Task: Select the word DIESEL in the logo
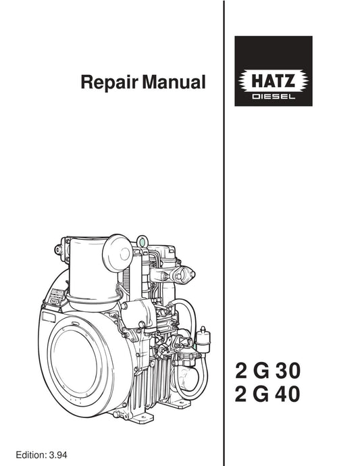pyautogui.click(x=273, y=97)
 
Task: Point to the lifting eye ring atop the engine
pyautogui.click(x=140, y=240)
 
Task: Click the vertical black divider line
pyautogui.click(x=224, y=203)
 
